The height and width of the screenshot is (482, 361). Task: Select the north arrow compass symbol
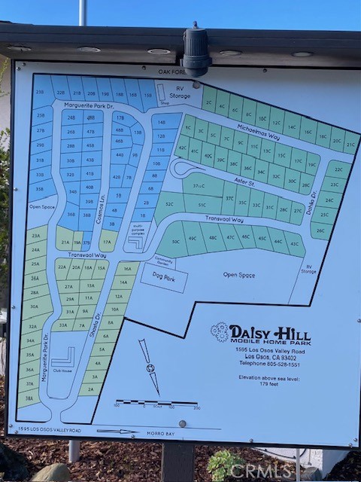pos(150,367)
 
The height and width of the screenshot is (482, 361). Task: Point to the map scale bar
pos(156,403)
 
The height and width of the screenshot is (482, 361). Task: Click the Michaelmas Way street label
pos(257,132)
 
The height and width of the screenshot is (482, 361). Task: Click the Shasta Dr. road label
pos(96,325)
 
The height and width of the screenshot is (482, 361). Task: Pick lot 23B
pos(39,93)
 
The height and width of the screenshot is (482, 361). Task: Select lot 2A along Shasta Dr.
pos(90,389)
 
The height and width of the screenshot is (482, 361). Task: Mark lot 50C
pos(175,241)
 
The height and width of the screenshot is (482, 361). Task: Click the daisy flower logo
pos(220,331)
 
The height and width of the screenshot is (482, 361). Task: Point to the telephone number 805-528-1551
pos(272,364)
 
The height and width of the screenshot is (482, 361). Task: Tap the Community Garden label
pos(163,261)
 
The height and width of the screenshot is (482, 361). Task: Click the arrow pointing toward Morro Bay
pos(117,432)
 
